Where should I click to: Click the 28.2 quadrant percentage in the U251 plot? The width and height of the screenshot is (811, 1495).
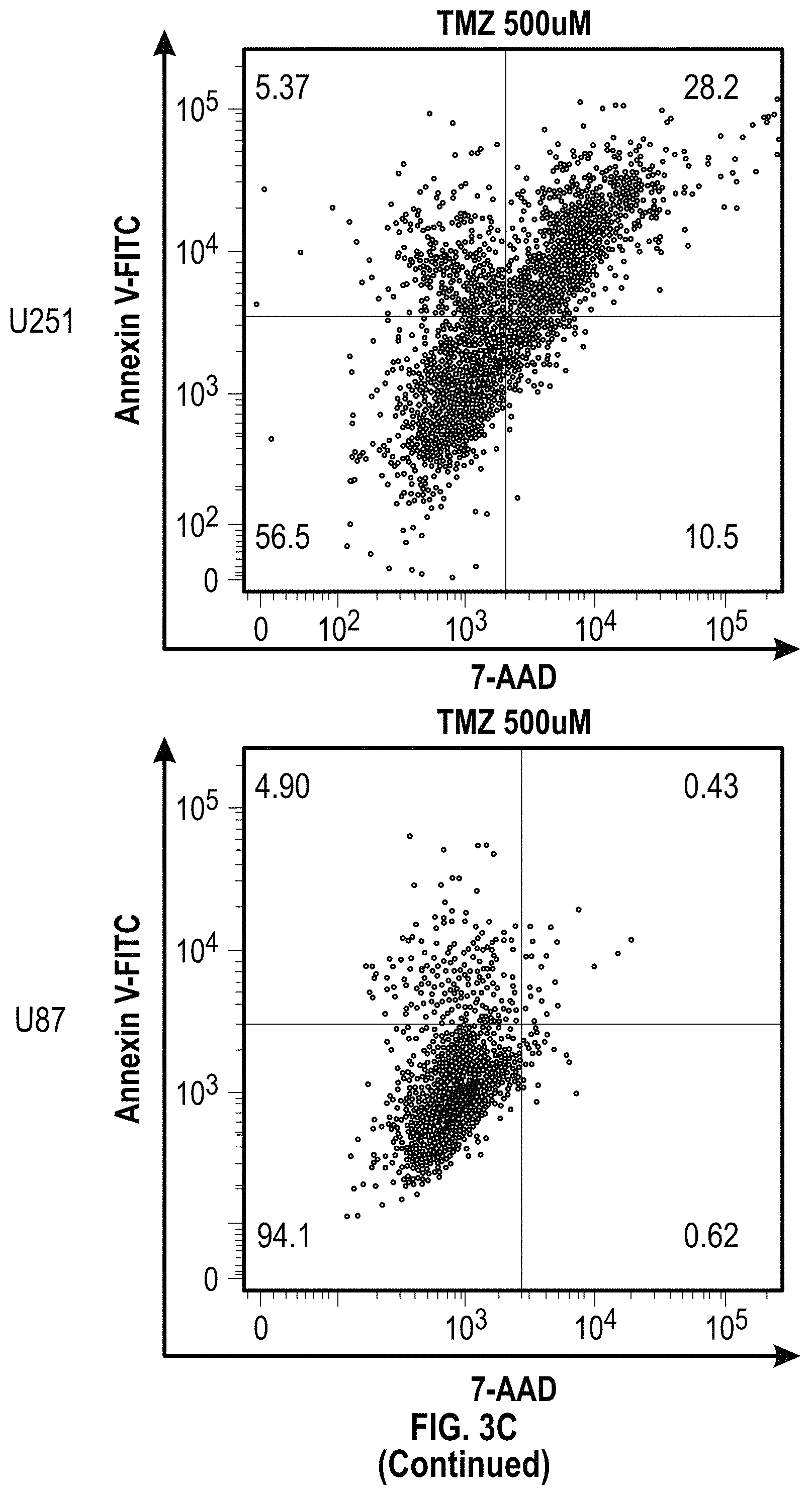710,89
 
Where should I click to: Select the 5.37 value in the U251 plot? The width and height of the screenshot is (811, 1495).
282,89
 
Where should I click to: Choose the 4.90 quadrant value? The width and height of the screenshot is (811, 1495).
283,786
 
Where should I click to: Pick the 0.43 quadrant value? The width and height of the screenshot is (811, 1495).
710,786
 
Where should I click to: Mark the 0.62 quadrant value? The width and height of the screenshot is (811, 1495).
710,1236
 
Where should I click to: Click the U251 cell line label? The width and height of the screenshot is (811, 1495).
42,321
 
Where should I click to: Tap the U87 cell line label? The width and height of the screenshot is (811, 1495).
40,1020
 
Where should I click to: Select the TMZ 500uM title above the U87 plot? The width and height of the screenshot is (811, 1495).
514,723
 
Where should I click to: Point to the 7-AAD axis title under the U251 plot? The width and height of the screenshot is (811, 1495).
514,677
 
